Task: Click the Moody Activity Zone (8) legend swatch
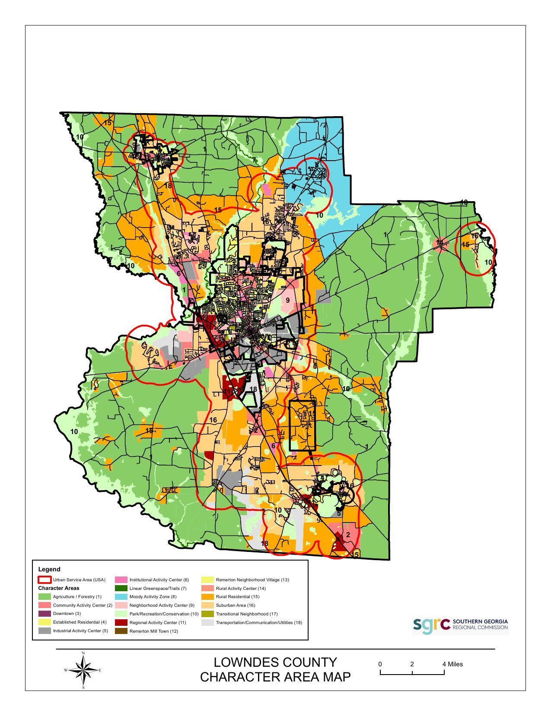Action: [121, 597]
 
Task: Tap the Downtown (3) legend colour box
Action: [45, 614]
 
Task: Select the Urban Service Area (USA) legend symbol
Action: [45, 580]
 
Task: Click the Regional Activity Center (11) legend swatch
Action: [121, 622]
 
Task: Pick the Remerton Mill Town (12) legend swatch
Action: [121, 631]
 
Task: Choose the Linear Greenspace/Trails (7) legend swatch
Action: [121, 588]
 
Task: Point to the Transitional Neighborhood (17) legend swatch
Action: [208, 614]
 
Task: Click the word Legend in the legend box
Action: [49, 569]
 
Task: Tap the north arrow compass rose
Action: [83, 670]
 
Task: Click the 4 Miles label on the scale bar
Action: [452, 664]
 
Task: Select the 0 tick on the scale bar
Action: [380, 664]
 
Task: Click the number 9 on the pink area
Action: [287, 301]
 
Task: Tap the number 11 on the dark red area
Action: [228, 392]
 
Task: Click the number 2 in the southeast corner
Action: [348, 535]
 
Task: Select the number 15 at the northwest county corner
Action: [108, 123]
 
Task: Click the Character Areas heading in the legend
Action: [58, 588]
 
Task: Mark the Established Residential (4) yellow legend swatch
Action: [45, 622]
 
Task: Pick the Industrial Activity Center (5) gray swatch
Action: [45, 631]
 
